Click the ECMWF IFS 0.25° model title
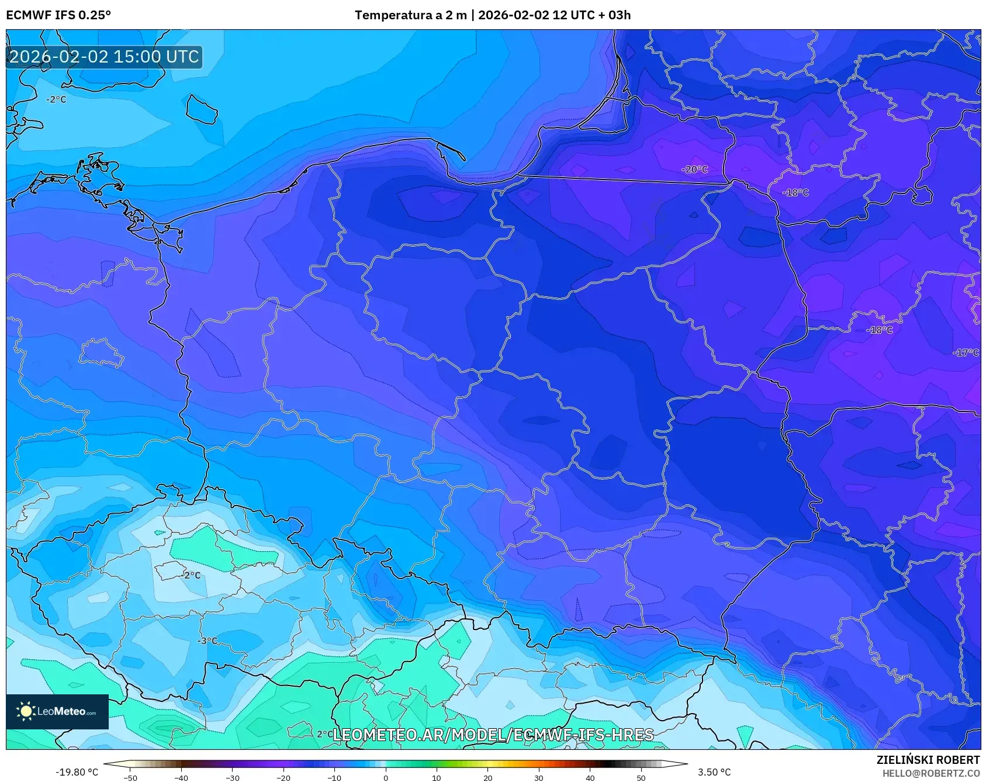[x=58, y=15]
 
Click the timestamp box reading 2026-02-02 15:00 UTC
[x=105, y=57]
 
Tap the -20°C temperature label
[x=694, y=169]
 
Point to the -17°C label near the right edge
[x=966, y=352]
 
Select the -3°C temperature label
[x=207, y=641]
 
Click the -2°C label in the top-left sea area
[x=56, y=100]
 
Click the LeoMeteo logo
[x=57, y=711]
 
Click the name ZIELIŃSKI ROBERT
[x=928, y=760]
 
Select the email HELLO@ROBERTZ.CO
[x=930, y=773]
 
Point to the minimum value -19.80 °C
[x=77, y=772]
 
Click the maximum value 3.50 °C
[x=714, y=772]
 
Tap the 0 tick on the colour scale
[x=385, y=778]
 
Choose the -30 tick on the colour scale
[x=232, y=778]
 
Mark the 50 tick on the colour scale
[x=641, y=778]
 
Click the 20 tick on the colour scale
[x=487, y=778]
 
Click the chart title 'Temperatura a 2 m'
[x=410, y=15]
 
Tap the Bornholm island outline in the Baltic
[x=202, y=109]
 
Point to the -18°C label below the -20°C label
[x=795, y=193]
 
